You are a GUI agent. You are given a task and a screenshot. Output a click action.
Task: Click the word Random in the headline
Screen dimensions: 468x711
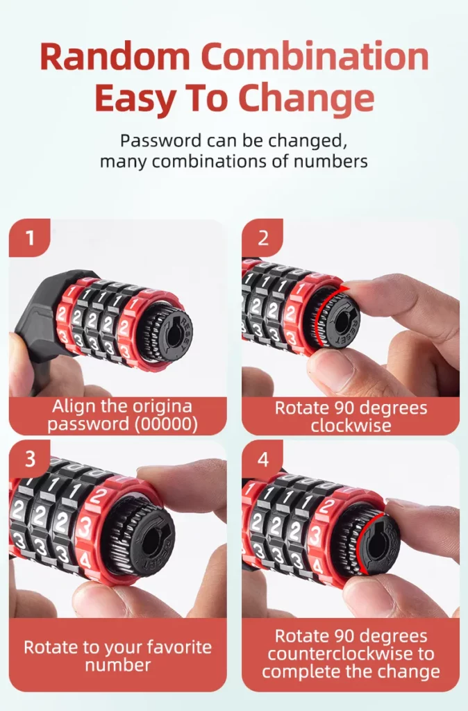(115, 56)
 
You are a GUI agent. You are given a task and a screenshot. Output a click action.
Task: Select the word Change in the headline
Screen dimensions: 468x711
(306, 99)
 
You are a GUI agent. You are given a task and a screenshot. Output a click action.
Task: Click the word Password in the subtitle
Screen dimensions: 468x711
(160, 140)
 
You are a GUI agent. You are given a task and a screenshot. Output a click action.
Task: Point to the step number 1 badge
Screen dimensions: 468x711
(29, 237)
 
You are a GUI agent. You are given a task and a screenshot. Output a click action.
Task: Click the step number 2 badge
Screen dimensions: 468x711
(262, 237)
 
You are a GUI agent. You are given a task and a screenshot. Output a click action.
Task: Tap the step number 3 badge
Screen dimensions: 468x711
(29, 459)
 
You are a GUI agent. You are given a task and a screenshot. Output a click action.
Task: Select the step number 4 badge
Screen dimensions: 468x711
(262, 459)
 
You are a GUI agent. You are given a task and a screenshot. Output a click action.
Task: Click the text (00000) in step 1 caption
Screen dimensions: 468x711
(167, 424)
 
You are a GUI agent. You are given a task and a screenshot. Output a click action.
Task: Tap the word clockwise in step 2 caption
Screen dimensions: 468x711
(351, 426)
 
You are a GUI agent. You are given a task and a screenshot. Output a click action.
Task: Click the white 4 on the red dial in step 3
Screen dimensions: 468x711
(85, 561)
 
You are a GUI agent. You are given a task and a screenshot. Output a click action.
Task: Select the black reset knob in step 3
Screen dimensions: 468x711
(145, 541)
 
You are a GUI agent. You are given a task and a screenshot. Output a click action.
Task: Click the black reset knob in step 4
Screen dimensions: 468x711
(373, 542)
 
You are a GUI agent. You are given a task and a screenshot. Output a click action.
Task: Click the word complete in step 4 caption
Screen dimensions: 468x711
(296, 672)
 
